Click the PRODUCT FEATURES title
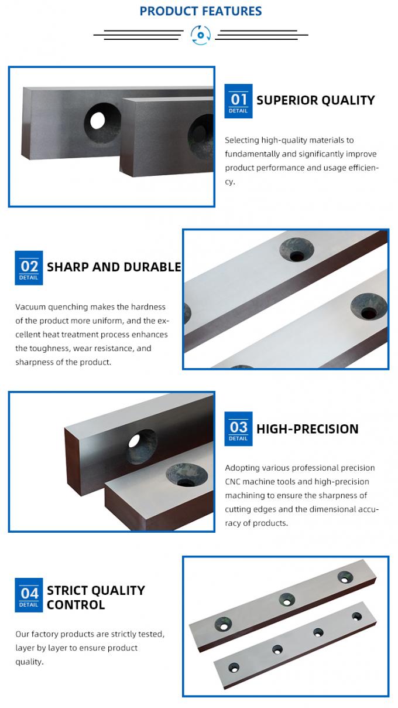[x=200, y=11]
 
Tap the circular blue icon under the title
[x=201, y=35]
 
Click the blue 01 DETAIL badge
[x=238, y=101]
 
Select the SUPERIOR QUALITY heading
[x=315, y=100]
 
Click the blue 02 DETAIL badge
[x=29, y=268]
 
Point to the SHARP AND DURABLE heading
[x=114, y=267]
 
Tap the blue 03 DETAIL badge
[x=238, y=429]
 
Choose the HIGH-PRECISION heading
[x=307, y=429]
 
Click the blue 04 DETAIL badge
[x=29, y=595]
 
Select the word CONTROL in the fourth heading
[x=76, y=605]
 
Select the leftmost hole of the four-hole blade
[x=234, y=668]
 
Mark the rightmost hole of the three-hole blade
[x=344, y=578]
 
